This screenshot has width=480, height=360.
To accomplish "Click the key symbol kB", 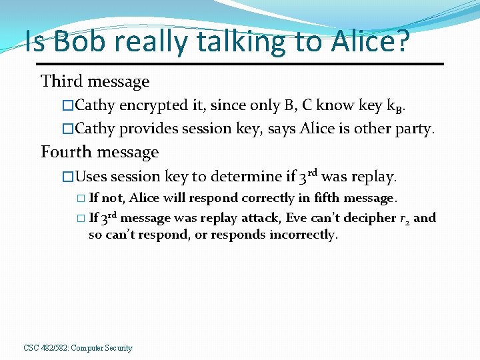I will [x=394, y=106].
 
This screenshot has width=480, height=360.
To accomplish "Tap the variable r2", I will [x=403, y=219].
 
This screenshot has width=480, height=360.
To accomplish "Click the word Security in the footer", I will [x=119, y=348].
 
